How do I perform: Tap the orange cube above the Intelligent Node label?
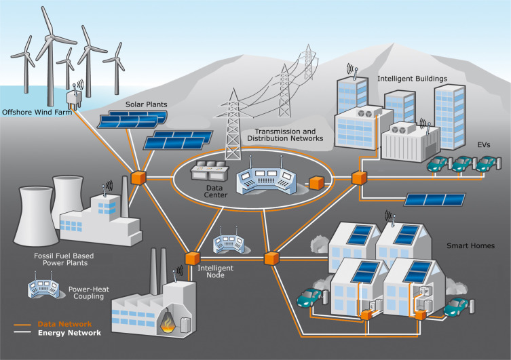tap(192, 258)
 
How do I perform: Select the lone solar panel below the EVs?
tap(434, 199)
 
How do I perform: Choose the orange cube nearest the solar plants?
tap(139, 176)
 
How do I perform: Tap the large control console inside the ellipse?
tap(265, 181)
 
